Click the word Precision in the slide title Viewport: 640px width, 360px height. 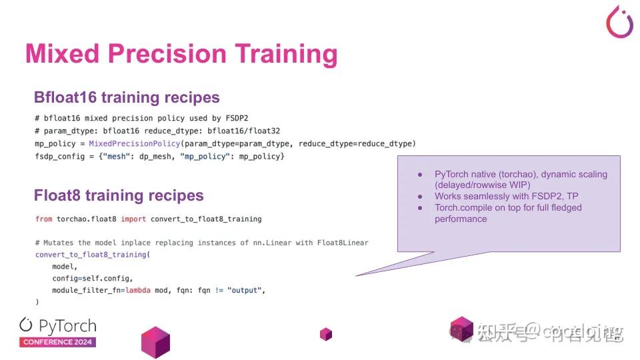pos(175,54)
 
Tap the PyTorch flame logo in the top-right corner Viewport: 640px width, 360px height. pos(619,21)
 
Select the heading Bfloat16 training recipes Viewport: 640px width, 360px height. pos(127,97)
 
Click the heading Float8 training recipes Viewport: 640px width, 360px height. pos(119,195)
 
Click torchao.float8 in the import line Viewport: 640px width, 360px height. pos(87,219)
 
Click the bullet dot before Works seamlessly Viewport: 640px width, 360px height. pos(420,197)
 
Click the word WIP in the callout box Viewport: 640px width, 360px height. pos(516,185)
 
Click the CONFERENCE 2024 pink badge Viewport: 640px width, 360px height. pos(58,342)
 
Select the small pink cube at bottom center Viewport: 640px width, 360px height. pos(325,334)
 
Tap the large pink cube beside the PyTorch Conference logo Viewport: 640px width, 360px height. pos(155,342)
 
